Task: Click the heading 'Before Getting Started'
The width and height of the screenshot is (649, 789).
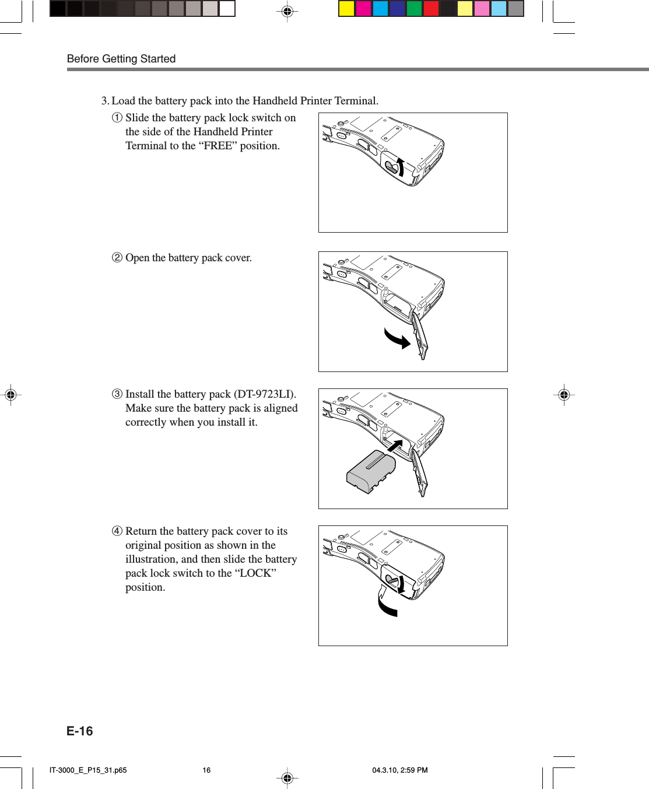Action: (121, 59)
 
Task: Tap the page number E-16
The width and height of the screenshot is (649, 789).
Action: (80, 731)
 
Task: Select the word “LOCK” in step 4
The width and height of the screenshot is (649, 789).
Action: (255, 573)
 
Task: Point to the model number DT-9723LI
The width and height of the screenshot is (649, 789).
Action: (264, 394)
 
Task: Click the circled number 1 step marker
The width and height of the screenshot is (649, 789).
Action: (117, 118)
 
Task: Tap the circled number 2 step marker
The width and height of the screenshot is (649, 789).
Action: (117, 258)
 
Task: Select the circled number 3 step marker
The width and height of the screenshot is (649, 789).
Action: (117, 394)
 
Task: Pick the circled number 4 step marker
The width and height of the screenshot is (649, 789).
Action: (117, 531)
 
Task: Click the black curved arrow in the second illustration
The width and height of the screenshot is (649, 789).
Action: (397, 338)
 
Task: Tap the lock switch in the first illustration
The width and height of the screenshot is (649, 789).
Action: (392, 168)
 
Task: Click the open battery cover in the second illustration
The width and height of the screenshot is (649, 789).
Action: (420, 335)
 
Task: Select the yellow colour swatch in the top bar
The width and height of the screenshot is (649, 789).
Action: (347, 9)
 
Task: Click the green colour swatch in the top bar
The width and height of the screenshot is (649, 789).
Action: (414, 9)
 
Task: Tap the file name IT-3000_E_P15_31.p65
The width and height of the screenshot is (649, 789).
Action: (88, 770)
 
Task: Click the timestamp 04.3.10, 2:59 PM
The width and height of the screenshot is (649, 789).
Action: (400, 770)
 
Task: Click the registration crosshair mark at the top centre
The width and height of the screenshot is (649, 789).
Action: (287, 11)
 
